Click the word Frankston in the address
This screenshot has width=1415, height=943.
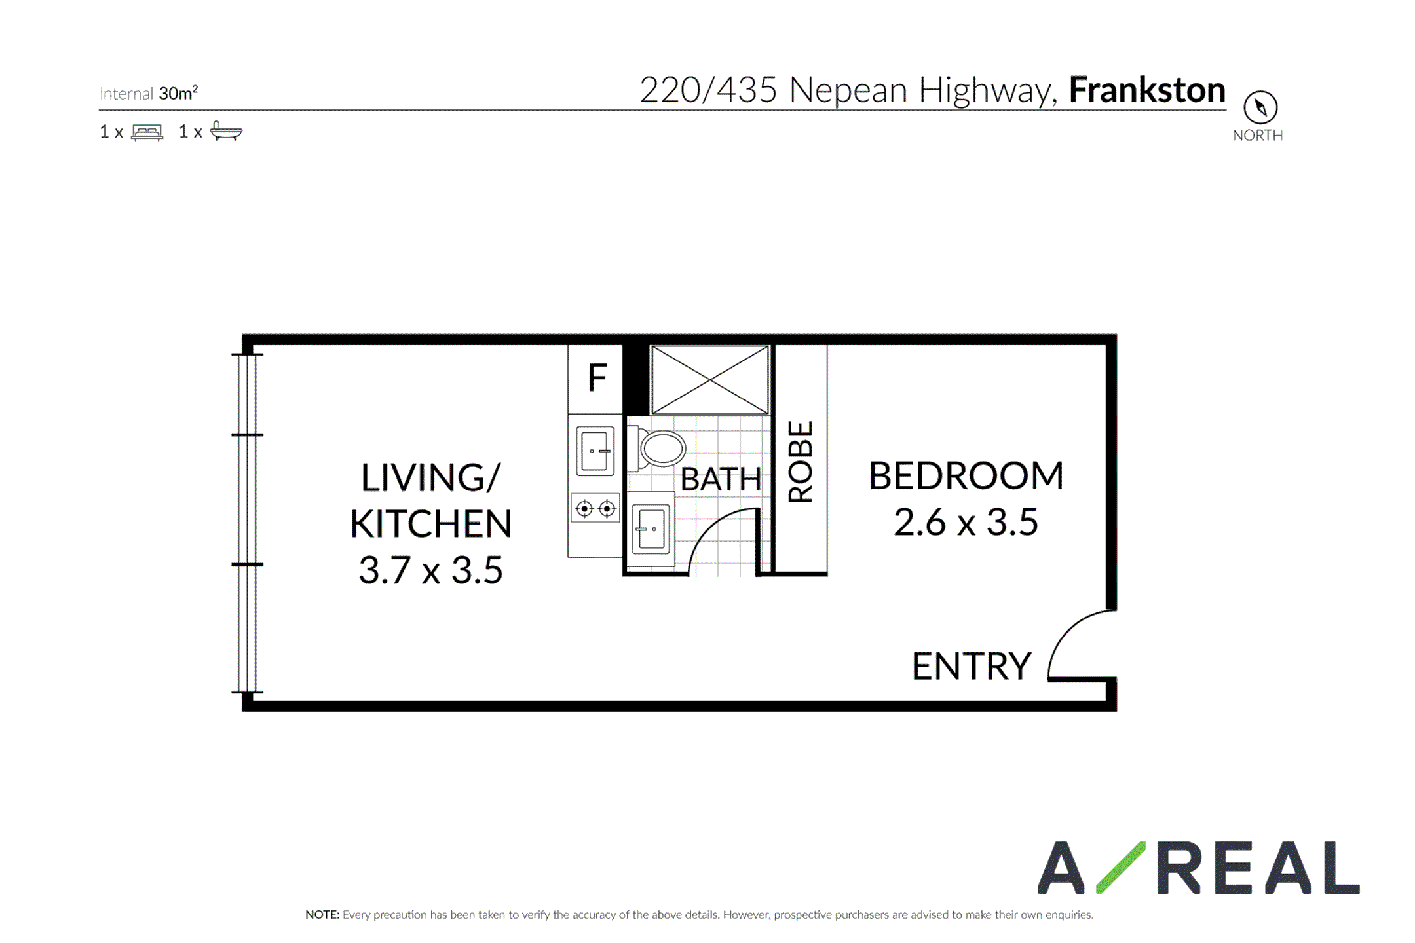1147,90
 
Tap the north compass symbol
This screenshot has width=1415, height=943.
1260,107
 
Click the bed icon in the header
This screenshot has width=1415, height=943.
147,132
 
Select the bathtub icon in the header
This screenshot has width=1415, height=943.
226,131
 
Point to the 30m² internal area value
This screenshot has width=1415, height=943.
178,93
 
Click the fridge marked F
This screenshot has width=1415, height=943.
595,379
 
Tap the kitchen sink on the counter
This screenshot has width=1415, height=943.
595,451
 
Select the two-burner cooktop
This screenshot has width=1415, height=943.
595,508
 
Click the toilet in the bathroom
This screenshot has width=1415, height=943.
657,449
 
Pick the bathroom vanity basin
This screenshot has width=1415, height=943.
651,528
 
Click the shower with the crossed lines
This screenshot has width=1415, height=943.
710,380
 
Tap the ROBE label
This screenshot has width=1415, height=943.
801,461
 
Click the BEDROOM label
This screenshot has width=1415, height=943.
966,475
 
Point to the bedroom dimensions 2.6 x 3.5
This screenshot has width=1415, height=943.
966,523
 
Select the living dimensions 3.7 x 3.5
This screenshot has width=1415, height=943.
430,570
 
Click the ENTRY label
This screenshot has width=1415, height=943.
972,666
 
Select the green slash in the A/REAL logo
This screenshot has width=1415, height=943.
1121,867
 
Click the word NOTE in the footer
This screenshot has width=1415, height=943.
322,915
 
